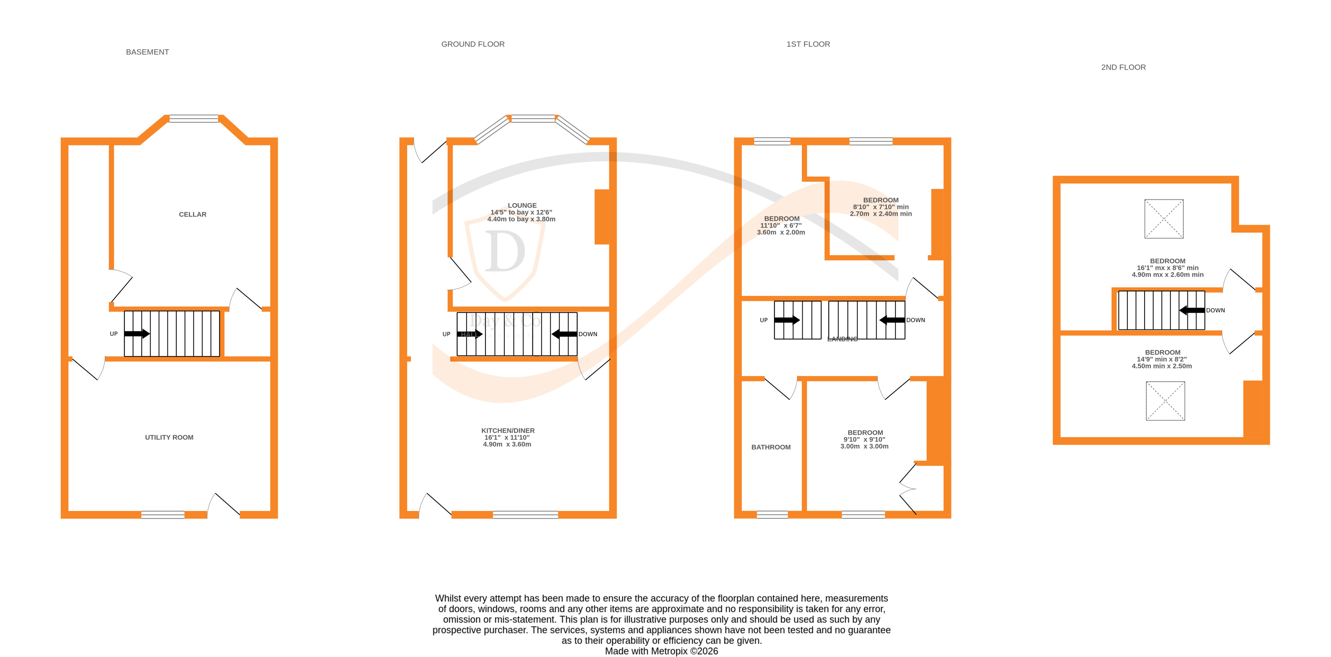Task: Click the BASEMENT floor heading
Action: [x=147, y=52]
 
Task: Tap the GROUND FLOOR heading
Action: [x=473, y=44]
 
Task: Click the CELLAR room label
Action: [x=192, y=214]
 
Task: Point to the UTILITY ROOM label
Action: [x=169, y=438]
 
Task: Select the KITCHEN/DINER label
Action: [x=508, y=431]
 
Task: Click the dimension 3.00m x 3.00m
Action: [x=865, y=447]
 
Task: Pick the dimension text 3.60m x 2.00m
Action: [x=781, y=233]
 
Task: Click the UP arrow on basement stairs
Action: [x=137, y=334]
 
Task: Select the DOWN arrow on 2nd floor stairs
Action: [x=1192, y=310]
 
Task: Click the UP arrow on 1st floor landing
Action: [x=786, y=320]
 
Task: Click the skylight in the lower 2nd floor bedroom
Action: [x=1165, y=401]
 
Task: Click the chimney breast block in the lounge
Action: [x=602, y=217]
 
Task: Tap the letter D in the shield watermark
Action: [x=504, y=252]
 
